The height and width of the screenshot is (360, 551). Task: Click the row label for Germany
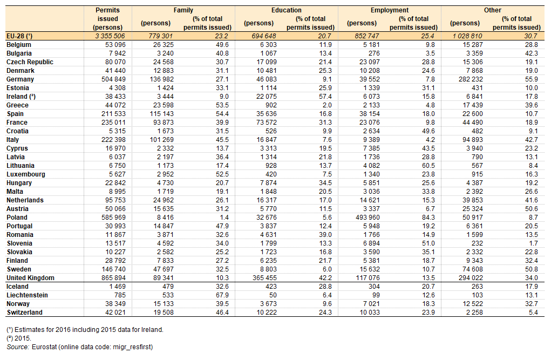pyautogui.click(x=20, y=79)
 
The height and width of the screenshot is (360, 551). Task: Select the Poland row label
pyautogui.click(x=17, y=218)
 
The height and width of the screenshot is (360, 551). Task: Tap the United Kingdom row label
pyautogui.click(x=31, y=278)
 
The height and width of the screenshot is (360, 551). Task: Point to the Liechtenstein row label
pyautogui.click(x=27, y=295)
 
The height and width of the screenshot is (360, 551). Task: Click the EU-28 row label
pyautogui.click(x=19, y=36)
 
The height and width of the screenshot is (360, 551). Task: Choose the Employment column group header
pyautogui.click(x=389, y=10)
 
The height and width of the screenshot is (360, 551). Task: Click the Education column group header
pyautogui.click(x=287, y=10)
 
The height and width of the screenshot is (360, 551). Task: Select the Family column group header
pyautogui.click(x=183, y=10)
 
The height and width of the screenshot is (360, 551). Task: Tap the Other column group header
pyautogui.click(x=492, y=10)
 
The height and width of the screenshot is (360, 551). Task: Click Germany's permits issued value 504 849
pyautogui.click(x=113, y=79)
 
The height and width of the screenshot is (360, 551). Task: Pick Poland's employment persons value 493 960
pyautogui.click(x=367, y=218)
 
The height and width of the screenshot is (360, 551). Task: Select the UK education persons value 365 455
pyautogui.click(x=264, y=278)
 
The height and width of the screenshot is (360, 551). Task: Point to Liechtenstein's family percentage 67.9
pyautogui.click(x=222, y=295)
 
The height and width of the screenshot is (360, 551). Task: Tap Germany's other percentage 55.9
pyautogui.click(x=532, y=79)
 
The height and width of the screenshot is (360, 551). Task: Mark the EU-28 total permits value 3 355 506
pyautogui.click(x=110, y=36)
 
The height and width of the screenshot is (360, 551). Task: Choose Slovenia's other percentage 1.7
pyautogui.click(x=533, y=243)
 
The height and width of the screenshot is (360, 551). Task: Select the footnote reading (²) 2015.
pyautogui.click(x=19, y=338)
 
